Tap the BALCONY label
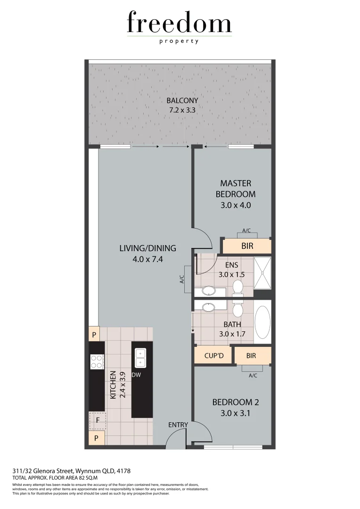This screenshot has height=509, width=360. [182, 100]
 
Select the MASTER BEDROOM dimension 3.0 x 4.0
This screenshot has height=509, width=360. [236, 205]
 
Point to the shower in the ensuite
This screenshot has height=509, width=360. [263, 273]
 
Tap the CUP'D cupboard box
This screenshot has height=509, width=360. [213, 355]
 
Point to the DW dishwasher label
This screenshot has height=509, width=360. [137, 375]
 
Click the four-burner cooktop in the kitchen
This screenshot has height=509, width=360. [97, 361]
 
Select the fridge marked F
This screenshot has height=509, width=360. [98, 419]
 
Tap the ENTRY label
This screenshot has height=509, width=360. [178, 425]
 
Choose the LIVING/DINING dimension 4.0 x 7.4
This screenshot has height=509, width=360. [147, 258]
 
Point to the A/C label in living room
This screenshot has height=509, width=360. [181, 279]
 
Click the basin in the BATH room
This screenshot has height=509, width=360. [207, 307]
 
